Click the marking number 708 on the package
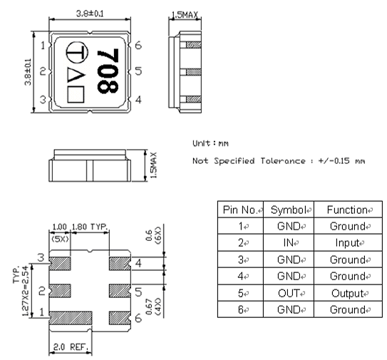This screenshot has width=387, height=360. pyautogui.click(x=109, y=73)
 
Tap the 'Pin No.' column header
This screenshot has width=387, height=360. pyautogui.click(x=240, y=210)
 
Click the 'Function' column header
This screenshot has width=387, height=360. pyautogui.click(x=345, y=210)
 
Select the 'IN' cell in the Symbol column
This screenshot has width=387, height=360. pyautogui.click(x=290, y=243)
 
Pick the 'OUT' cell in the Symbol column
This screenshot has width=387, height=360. pyautogui.click(x=290, y=293)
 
